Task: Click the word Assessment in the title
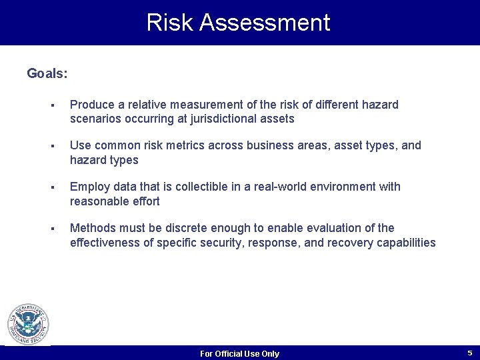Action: click(x=265, y=23)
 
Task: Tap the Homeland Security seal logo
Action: click(x=28, y=325)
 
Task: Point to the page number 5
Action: click(x=469, y=353)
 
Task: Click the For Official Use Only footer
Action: click(x=239, y=353)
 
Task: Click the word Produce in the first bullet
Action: click(x=92, y=105)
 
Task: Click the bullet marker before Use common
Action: click(x=51, y=146)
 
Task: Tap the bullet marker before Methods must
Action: click(x=51, y=229)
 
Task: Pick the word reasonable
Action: click(x=101, y=201)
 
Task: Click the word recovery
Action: click(x=349, y=243)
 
